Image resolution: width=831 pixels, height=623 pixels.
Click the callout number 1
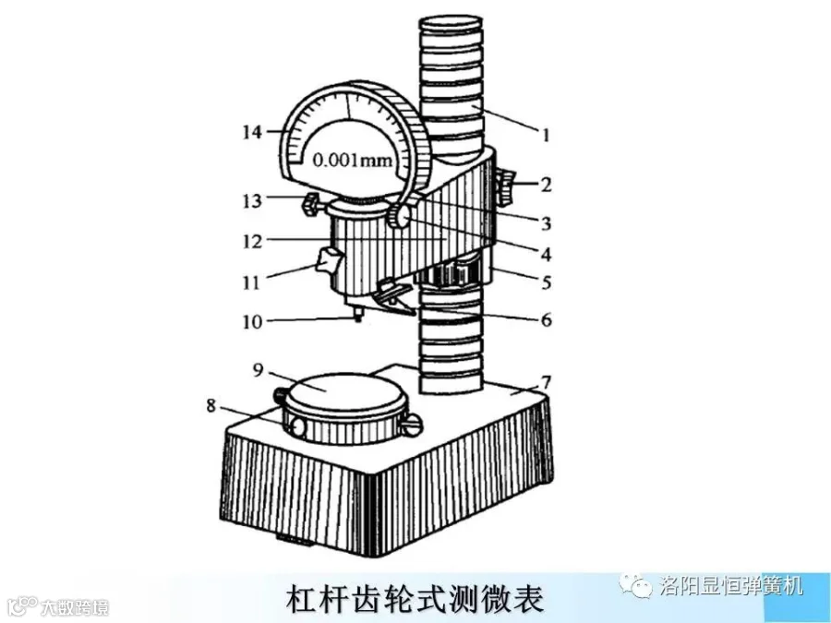point(546,135)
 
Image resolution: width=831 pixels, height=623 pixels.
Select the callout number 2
point(546,184)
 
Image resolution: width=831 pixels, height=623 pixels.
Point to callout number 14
point(253,131)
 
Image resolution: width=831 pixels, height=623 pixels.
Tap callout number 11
point(252,282)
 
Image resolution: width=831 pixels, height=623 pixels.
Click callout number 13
point(252,199)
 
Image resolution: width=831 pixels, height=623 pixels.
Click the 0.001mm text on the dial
point(351,159)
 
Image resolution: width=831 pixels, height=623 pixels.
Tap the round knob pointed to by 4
point(399,218)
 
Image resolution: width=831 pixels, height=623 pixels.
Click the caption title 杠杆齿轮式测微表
point(415,598)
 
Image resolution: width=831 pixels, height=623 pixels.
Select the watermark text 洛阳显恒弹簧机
point(732,584)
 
